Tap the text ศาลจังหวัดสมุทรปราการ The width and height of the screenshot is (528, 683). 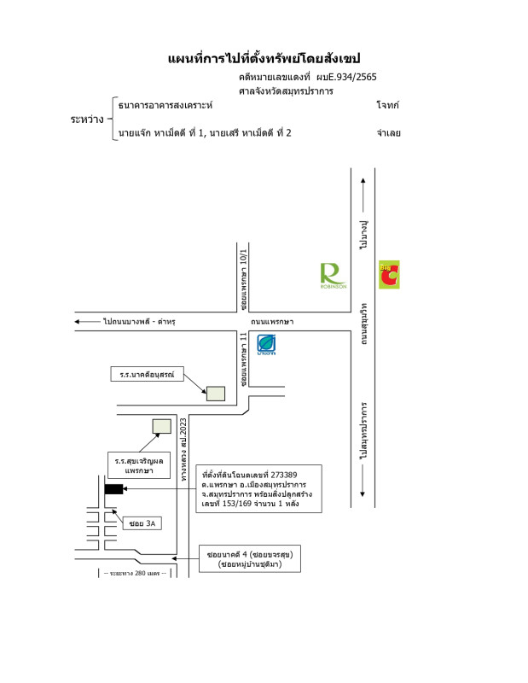pos(286,90)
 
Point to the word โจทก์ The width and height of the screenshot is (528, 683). pos(387,105)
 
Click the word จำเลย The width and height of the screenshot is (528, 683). pos(388,133)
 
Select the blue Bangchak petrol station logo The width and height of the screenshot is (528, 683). pos(266,345)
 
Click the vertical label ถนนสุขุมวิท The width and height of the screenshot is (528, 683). pos(364,323)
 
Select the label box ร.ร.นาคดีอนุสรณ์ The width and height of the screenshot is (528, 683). pos(148,374)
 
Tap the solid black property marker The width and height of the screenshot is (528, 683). pos(113,489)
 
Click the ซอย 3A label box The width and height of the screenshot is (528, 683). pos(141,522)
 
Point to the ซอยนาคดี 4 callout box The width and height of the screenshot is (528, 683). pos(250,559)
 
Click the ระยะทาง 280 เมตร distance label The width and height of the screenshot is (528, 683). pos(131,573)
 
